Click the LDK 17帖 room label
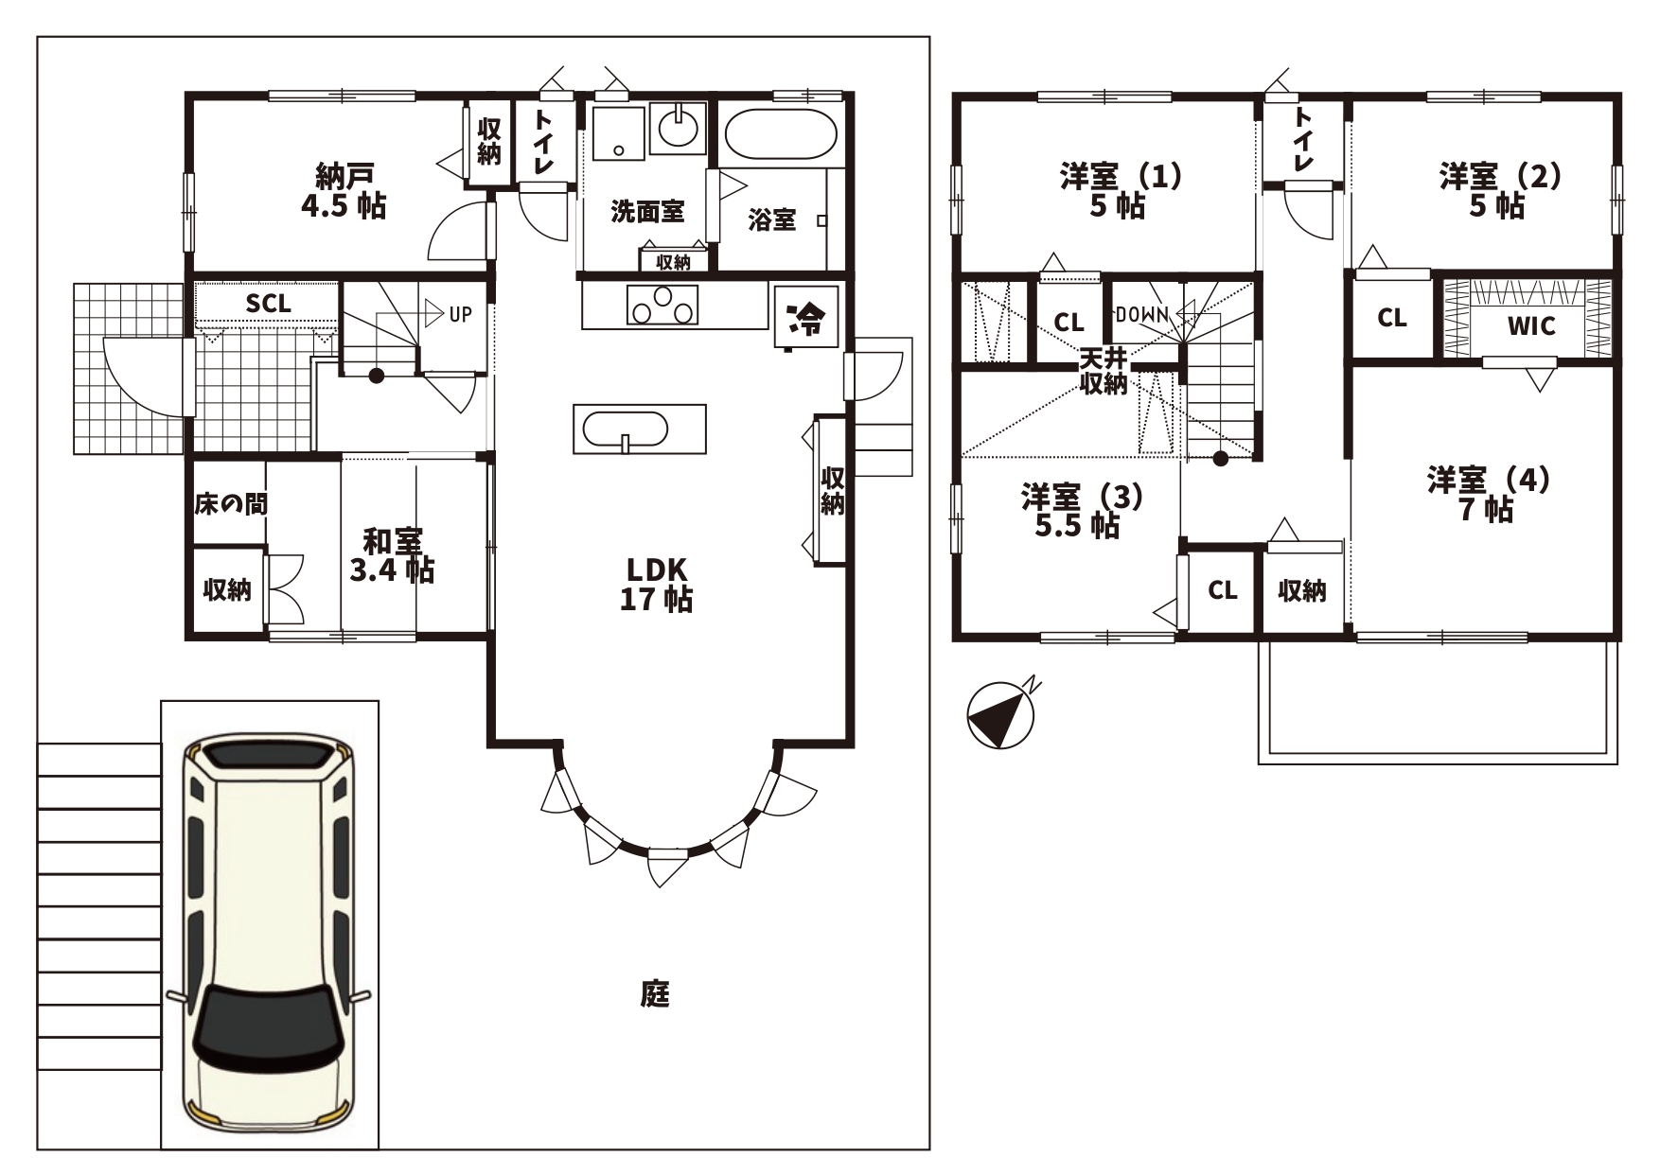(656, 584)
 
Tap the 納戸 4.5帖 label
(344, 190)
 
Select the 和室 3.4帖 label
(392, 554)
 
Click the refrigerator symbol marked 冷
(806, 317)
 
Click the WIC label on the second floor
(1531, 326)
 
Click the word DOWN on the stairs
(1143, 314)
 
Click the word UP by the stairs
(460, 314)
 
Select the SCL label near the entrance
(269, 305)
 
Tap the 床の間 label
(231, 504)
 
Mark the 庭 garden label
(655, 994)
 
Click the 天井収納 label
(1104, 372)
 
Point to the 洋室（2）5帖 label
(1500, 190)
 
